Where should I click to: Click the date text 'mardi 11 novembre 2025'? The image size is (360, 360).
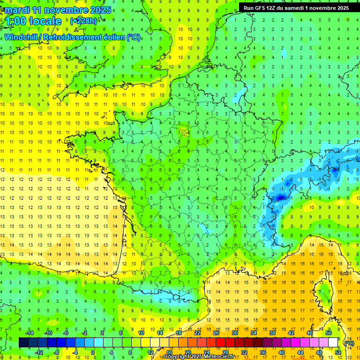tap(59, 10)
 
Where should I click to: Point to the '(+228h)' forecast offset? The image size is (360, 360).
tap(83, 21)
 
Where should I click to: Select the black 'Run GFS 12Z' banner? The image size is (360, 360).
tap(296, 8)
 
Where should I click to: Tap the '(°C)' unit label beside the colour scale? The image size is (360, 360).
tap(349, 343)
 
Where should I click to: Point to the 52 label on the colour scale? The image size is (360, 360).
tap(338, 352)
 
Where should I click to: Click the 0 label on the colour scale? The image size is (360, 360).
tap(93, 352)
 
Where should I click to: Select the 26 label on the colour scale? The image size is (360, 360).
tap(216, 333)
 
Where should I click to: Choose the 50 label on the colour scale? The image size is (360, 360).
tap(329, 333)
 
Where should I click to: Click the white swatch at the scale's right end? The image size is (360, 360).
tap(333, 343)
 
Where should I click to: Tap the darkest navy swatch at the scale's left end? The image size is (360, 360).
tap(23, 343)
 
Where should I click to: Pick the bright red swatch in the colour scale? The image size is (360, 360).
tap(221, 343)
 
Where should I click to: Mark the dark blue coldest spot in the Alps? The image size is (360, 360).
tap(280, 198)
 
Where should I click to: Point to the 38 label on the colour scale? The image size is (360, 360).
tap(272, 333)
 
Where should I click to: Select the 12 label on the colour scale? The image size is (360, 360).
tap(150, 352)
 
